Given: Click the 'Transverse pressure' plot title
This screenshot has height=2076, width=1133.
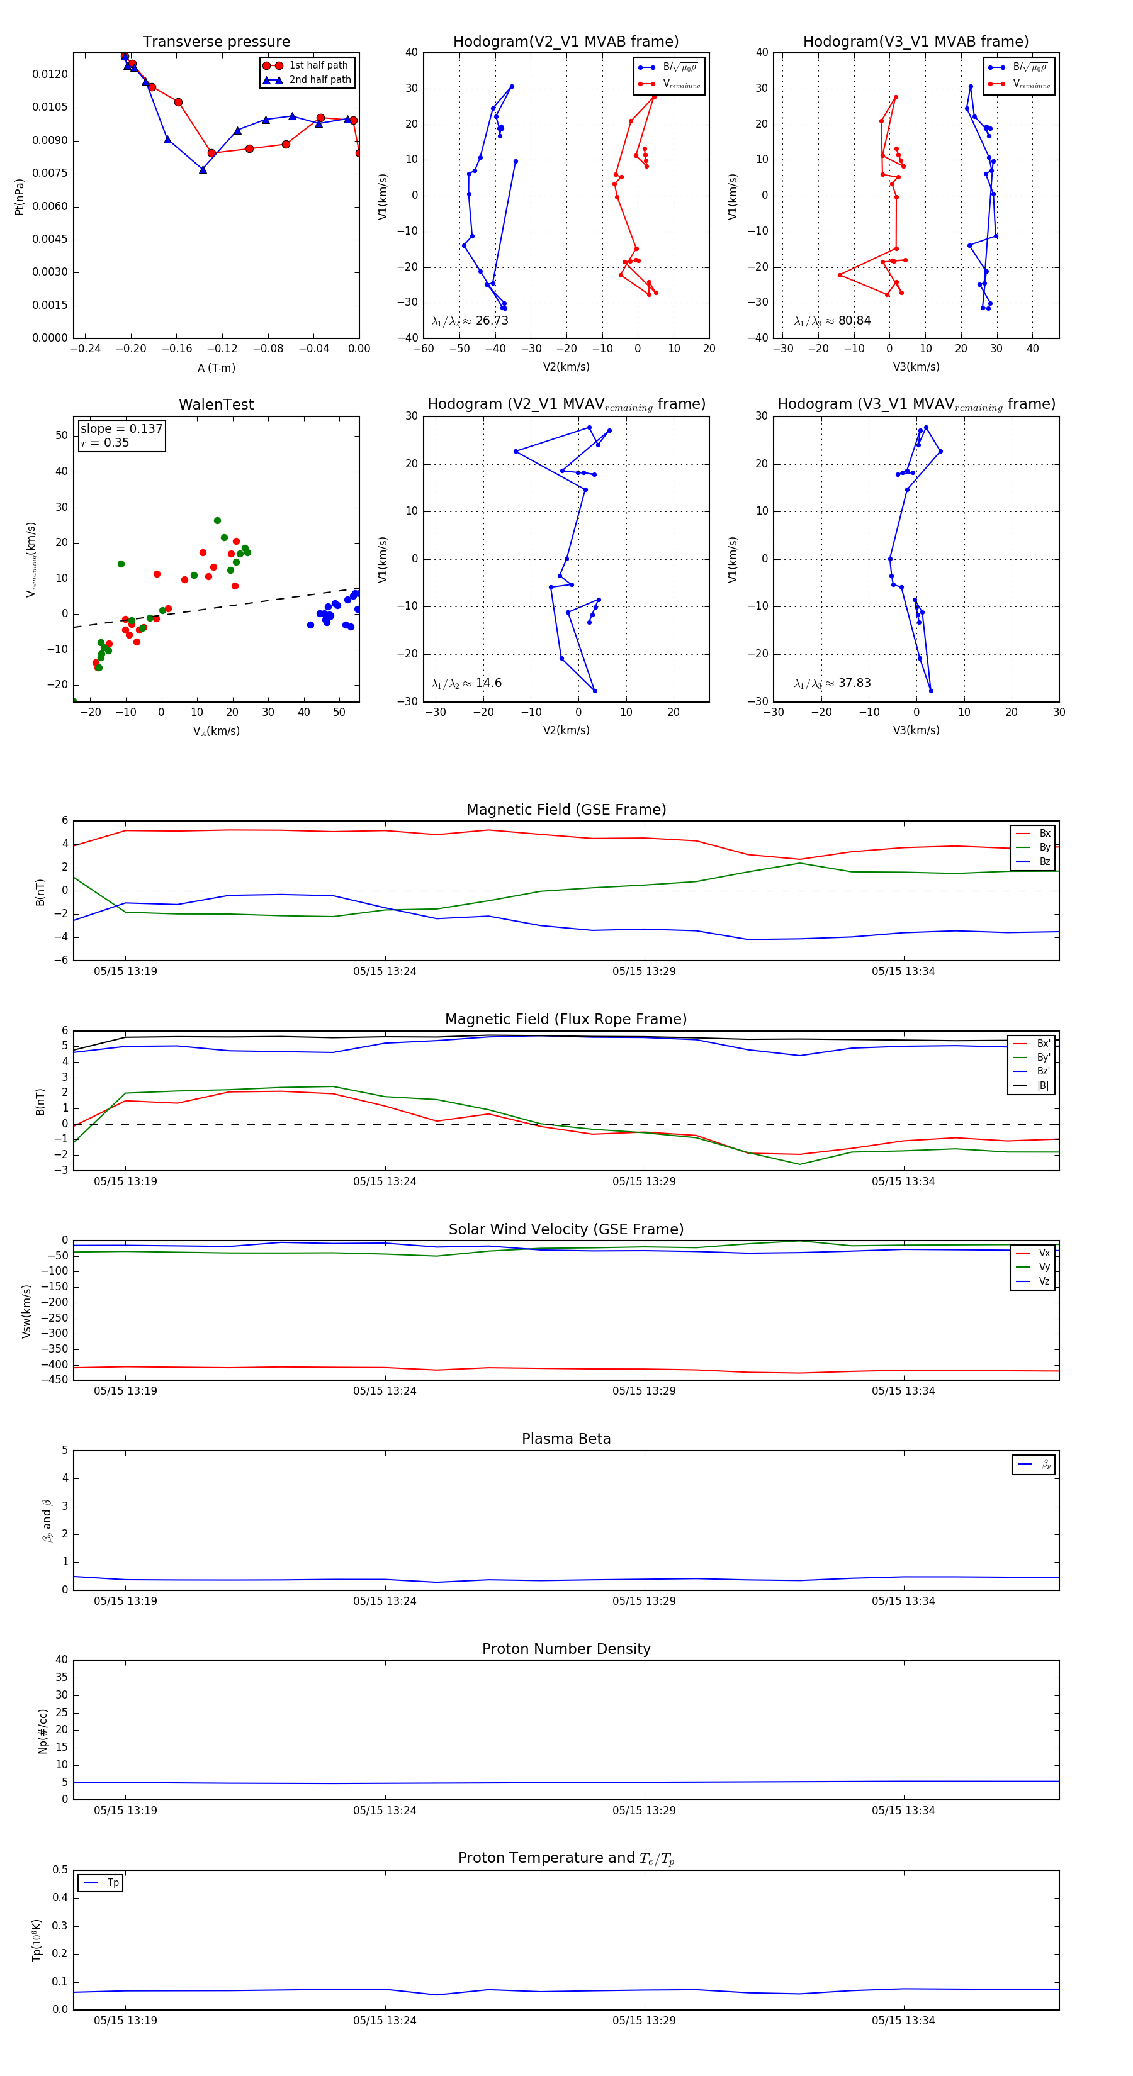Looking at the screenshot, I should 216,42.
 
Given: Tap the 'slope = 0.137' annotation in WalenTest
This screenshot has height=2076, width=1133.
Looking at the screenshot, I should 121,429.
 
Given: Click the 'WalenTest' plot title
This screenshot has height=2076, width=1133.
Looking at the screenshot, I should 216,405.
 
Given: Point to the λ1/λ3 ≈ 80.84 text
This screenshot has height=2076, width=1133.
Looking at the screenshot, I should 832,321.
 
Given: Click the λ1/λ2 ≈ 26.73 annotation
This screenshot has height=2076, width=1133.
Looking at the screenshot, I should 470,321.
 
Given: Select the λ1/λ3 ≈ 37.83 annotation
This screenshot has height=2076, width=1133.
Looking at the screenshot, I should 832,683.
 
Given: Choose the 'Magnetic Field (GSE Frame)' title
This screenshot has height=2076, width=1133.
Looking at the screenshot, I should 566,810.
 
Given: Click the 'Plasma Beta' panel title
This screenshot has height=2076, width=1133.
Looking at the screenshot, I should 566,1439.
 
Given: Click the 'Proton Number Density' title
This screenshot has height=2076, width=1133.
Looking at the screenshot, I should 566,1649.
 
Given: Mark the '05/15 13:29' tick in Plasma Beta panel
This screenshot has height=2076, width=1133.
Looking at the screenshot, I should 643,1601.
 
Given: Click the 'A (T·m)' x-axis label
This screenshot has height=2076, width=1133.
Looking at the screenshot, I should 216,368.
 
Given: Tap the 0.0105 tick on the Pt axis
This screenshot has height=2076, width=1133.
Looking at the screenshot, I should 50,107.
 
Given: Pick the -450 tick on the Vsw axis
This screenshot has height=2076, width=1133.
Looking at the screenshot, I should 54,1380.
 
